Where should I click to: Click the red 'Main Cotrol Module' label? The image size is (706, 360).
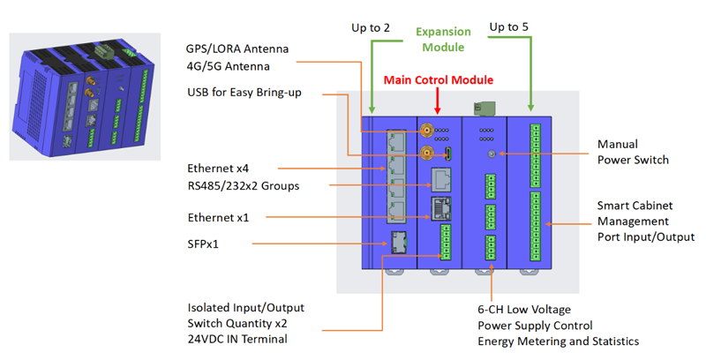click(438, 79)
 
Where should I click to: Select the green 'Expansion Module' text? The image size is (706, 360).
click(443, 38)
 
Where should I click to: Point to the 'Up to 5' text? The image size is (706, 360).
click(508, 28)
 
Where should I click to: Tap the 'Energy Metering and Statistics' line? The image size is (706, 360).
click(558, 341)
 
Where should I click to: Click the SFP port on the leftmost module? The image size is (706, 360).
click(399, 238)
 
